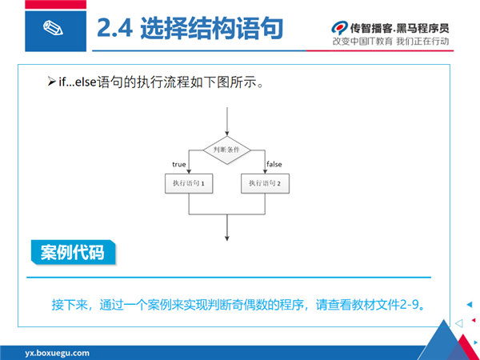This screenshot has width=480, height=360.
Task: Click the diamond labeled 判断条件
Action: click(x=227, y=150)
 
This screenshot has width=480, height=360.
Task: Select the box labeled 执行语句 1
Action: click(x=189, y=183)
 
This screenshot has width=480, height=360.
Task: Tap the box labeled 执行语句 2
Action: click(x=265, y=183)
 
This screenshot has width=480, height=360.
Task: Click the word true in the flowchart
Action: click(x=179, y=164)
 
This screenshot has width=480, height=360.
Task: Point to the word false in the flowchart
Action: click(x=274, y=164)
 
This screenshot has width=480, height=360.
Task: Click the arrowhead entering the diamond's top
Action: click(x=227, y=134)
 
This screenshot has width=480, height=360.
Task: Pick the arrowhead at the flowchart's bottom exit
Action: click(x=227, y=238)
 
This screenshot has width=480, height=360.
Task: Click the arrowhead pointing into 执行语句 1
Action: click(x=189, y=171)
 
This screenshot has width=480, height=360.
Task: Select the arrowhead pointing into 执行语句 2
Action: click(x=265, y=171)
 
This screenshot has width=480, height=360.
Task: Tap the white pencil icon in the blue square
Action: click(x=53, y=28)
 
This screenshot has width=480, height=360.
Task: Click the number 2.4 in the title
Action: click(x=114, y=28)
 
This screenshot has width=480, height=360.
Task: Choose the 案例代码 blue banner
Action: click(x=73, y=252)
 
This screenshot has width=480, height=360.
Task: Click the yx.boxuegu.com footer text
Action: click(x=58, y=353)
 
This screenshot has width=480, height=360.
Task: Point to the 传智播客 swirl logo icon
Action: click(x=339, y=28)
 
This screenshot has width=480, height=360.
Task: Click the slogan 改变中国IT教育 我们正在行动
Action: click(x=391, y=41)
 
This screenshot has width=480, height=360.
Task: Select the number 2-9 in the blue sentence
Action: click(x=410, y=305)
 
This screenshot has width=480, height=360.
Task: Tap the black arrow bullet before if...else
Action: click(x=51, y=82)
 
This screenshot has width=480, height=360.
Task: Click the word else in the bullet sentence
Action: click(x=86, y=82)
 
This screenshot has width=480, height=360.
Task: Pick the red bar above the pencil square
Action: click(x=55, y=4)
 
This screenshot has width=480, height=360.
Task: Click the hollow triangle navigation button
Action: click(x=459, y=323)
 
